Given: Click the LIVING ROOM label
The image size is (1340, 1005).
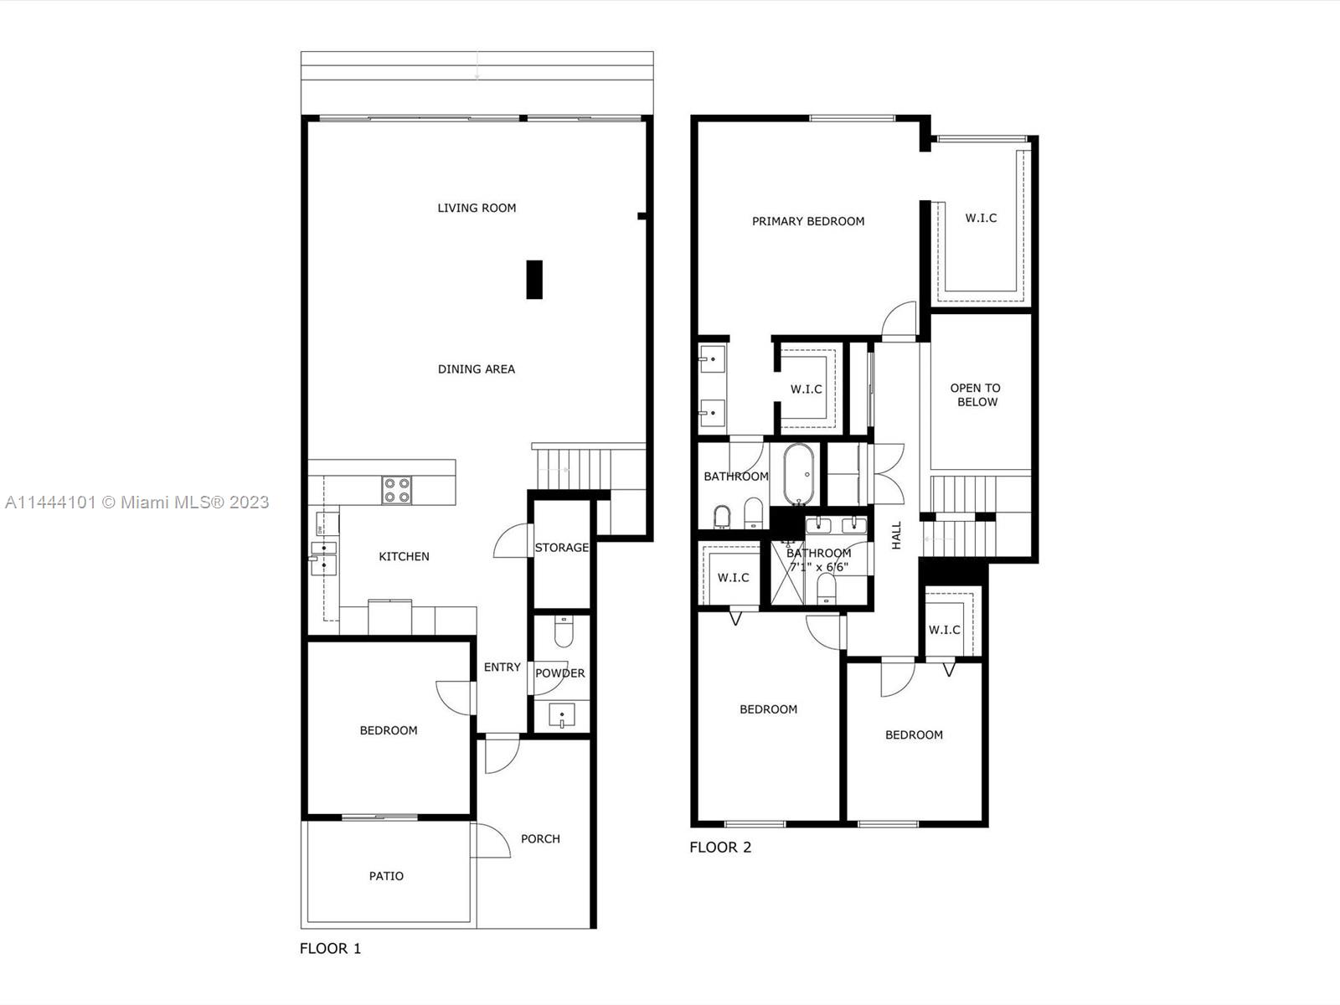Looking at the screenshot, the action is (477, 208).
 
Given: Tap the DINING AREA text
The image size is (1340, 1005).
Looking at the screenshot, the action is (477, 369).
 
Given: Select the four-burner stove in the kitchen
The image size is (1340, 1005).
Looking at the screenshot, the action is (397, 490).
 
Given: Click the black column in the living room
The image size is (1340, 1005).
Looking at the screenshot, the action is (534, 280).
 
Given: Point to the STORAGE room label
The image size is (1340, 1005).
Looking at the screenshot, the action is (562, 548).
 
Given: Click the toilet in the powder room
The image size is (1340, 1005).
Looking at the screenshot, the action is (564, 631).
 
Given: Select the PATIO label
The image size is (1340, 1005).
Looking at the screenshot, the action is (386, 876).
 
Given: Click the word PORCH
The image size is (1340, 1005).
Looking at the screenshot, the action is (540, 839).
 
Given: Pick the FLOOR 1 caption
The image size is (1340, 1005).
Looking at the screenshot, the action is (330, 948).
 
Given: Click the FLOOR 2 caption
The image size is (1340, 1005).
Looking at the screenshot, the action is (720, 847).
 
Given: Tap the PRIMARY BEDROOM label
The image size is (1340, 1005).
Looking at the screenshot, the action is (808, 221).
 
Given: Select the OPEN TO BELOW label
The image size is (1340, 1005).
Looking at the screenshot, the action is (977, 394).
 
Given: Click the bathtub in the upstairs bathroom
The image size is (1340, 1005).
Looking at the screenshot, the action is (798, 474).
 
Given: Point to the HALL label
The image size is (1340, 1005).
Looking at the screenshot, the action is (896, 535).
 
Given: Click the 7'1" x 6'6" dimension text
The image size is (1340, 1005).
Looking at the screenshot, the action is (819, 567).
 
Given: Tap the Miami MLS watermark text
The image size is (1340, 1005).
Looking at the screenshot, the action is (137, 502).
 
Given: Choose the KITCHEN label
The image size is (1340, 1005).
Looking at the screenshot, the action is (405, 556).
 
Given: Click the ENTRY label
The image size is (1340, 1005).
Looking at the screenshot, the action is (502, 667).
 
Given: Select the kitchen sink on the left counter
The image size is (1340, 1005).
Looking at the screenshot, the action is (323, 557).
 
